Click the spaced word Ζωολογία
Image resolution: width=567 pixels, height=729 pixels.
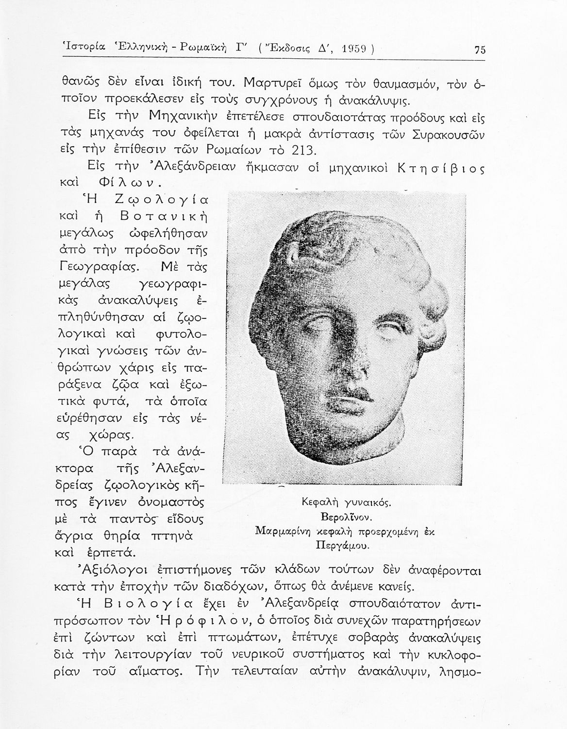click(161, 199)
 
